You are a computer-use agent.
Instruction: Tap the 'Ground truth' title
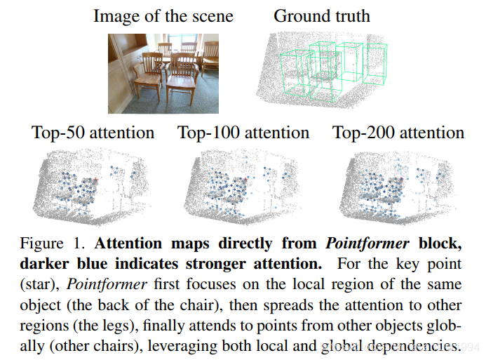click(321, 15)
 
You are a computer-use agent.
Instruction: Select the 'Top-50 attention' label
click(93, 132)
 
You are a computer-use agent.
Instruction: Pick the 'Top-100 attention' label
click(243, 132)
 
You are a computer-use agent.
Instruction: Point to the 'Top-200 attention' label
click(398, 132)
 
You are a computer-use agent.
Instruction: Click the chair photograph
click(163, 74)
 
